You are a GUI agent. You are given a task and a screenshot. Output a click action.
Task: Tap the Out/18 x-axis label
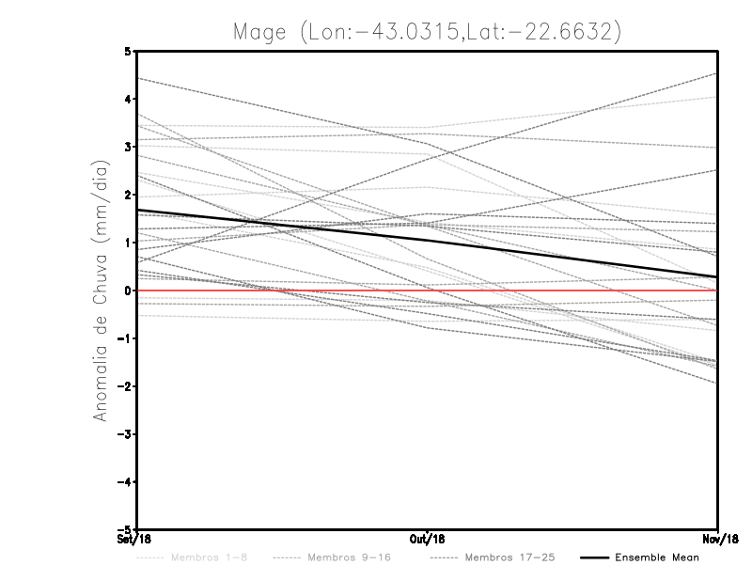pyautogui.click(x=428, y=540)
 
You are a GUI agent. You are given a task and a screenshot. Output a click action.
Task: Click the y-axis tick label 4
pyautogui.click(x=128, y=99)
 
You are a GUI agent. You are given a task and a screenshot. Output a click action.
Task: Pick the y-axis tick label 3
pyautogui.click(x=128, y=147)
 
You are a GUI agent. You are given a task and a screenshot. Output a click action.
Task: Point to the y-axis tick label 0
pyautogui.click(x=128, y=290)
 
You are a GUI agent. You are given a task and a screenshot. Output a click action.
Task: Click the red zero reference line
pyautogui.click(x=564, y=290)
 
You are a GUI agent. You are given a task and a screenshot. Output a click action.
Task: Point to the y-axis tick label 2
pyautogui.click(x=128, y=195)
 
